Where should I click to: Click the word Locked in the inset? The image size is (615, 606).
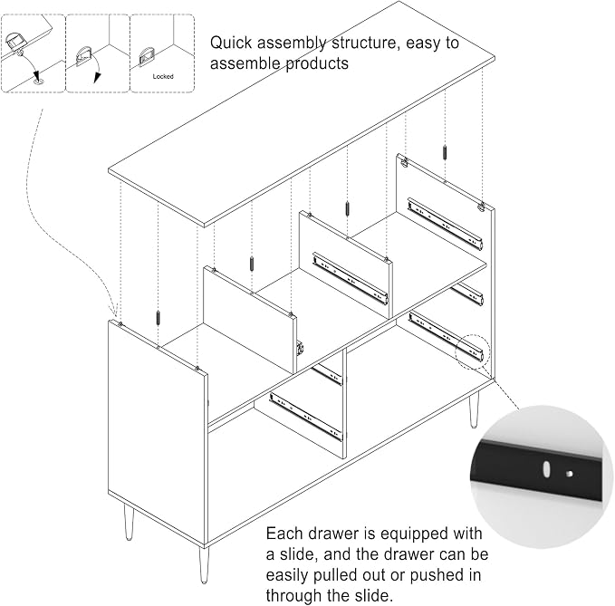pyautogui.click(x=163, y=76)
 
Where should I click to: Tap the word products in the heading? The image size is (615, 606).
pyautogui.click(x=317, y=64)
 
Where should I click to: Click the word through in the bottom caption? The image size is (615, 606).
pyautogui.click(x=293, y=595)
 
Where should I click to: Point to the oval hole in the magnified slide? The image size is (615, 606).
pyautogui.click(x=544, y=469)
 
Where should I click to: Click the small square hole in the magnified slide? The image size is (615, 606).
pyautogui.click(x=570, y=474)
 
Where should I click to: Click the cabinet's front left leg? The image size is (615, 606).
pyautogui.click(x=203, y=565)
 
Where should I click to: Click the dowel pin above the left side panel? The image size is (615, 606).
pyautogui.click(x=158, y=317)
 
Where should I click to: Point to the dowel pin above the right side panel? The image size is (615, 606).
pyautogui.click(x=445, y=152)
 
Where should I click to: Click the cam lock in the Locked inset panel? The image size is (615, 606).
pyautogui.click(x=147, y=58)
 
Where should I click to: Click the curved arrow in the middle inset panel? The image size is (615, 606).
pyautogui.click(x=97, y=69)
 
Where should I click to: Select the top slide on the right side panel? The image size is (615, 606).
pyautogui.click(x=445, y=224)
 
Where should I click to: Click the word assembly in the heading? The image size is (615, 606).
pyautogui.click(x=291, y=43)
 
